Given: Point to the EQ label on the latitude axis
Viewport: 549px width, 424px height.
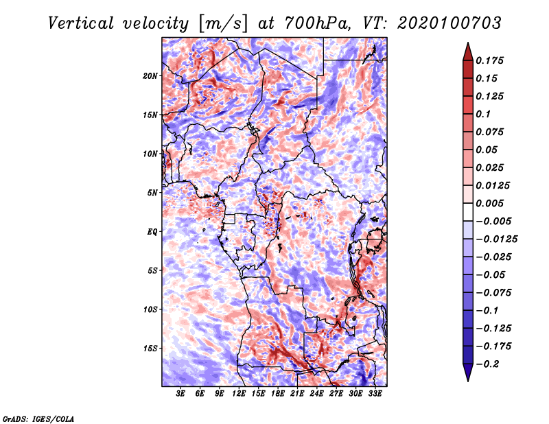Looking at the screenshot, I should (x=152, y=232).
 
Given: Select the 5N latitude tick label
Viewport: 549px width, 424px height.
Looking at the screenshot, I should (x=153, y=193).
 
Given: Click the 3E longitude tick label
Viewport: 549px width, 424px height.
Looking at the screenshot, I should (x=181, y=394).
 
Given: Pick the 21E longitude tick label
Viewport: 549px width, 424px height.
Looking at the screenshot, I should (x=297, y=394).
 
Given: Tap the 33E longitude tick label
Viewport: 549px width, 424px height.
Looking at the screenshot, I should (x=375, y=394).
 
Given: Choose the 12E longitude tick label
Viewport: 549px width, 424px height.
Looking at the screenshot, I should (x=239, y=394).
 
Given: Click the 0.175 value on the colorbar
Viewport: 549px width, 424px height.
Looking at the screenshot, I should (x=491, y=60).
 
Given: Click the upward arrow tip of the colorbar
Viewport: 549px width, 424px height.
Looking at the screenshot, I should (x=467, y=45).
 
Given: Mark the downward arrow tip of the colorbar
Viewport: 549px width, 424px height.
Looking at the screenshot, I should (x=467, y=379).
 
